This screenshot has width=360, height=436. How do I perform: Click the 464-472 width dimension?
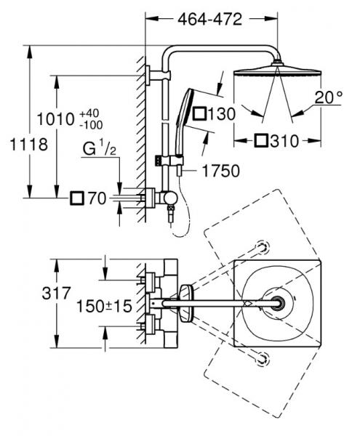(x=209, y=19)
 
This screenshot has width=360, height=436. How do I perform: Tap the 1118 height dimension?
(x=29, y=145)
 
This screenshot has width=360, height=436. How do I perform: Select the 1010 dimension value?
(x=56, y=119)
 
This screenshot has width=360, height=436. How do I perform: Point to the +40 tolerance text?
(x=89, y=113)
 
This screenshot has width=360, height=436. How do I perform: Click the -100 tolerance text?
(x=91, y=125)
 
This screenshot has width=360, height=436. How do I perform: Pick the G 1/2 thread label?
(x=100, y=148)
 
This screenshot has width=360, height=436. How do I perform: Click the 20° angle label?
(x=329, y=97)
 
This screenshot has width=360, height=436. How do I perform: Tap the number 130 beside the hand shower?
(x=222, y=114)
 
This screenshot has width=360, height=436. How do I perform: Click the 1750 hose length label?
(x=220, y=171)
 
